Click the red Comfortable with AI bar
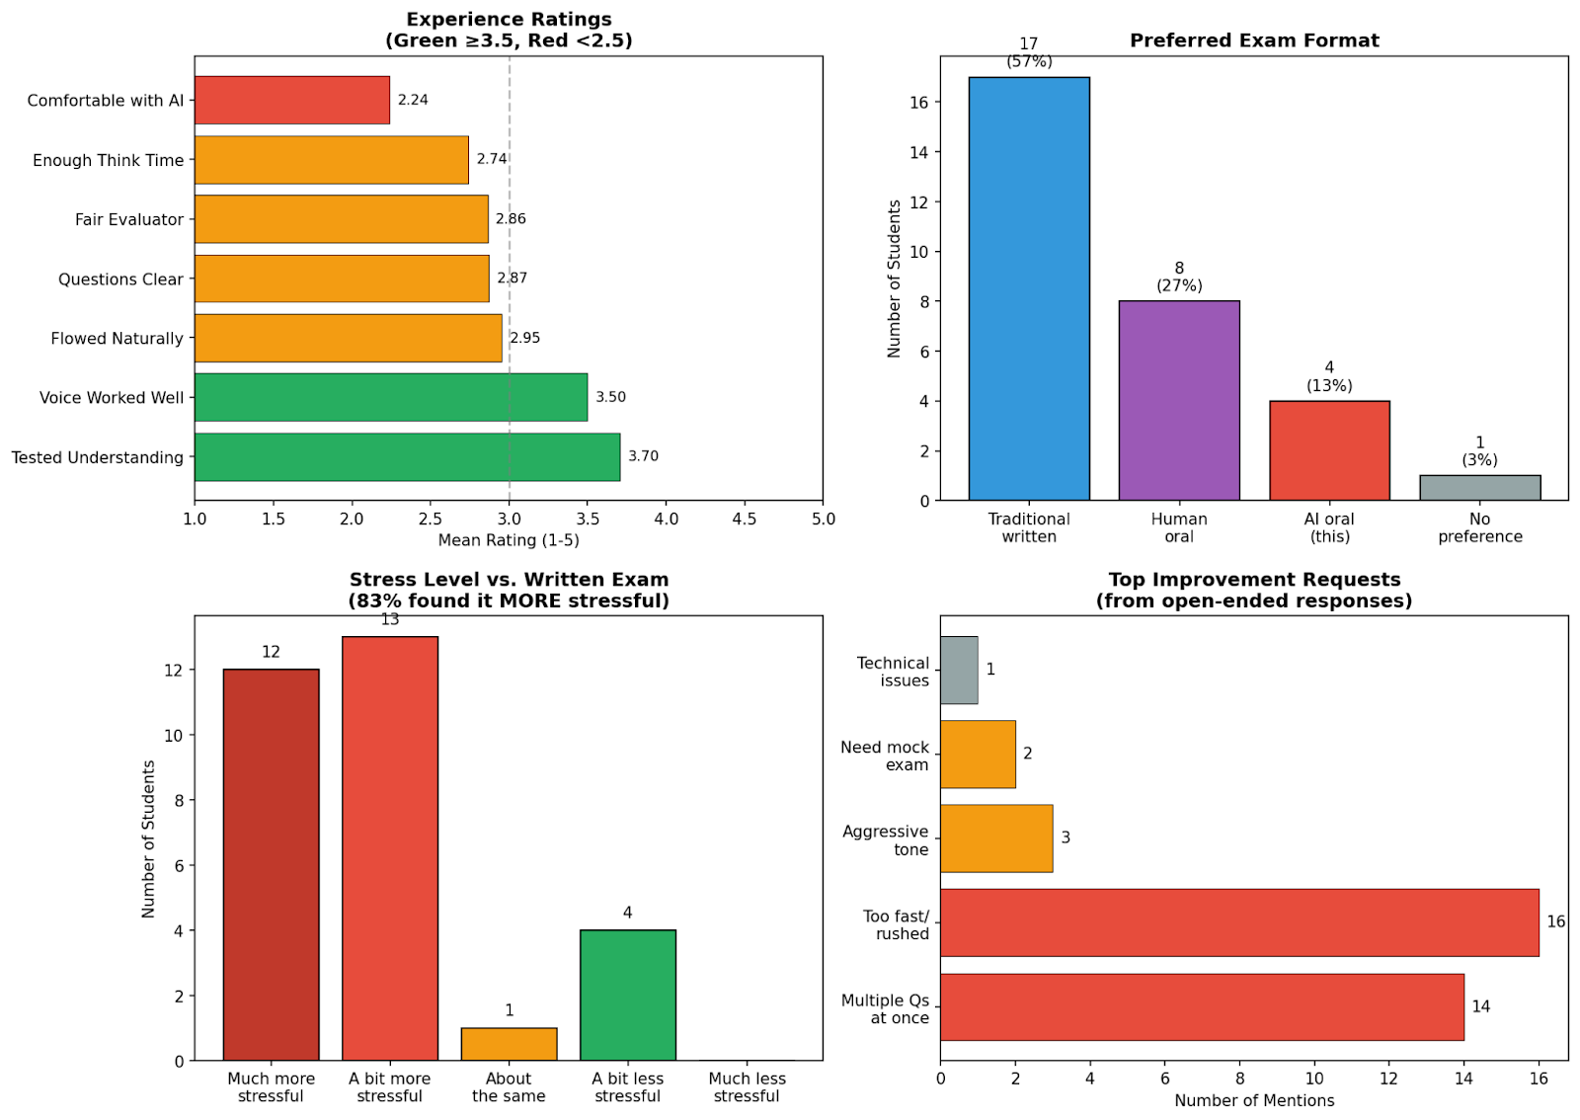[291, 100]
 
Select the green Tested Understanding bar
[407, 456]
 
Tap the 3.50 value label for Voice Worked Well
[610, 397]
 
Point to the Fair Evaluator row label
[128, 219]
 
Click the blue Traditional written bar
[1028, 288]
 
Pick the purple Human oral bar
[1178, 400]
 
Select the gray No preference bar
[1479, 488]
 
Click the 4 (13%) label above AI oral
[1329, 376]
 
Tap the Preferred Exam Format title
[1254, 40]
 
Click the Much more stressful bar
[271, 864]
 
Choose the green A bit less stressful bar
[627, 995]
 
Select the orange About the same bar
[509, 1044]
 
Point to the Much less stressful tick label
[747, 1087]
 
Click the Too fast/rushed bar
[1238, 922]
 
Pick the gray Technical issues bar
[958, 670]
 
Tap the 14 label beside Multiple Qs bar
[1480, 1006]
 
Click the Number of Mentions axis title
[1253, 1100]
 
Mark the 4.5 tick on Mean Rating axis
[744, 520]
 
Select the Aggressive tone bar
[995, 839]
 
